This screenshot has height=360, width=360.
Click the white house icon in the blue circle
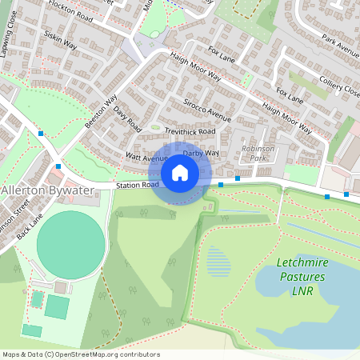pos(179,173)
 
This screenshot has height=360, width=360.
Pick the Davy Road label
pos(127,120)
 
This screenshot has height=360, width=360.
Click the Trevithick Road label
pos(190,131)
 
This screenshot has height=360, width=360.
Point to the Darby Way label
pos(201,152)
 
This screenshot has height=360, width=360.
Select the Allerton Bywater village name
pos(48,190)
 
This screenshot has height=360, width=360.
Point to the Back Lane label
pos(27,234)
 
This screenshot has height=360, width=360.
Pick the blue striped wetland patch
pos(217,260)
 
